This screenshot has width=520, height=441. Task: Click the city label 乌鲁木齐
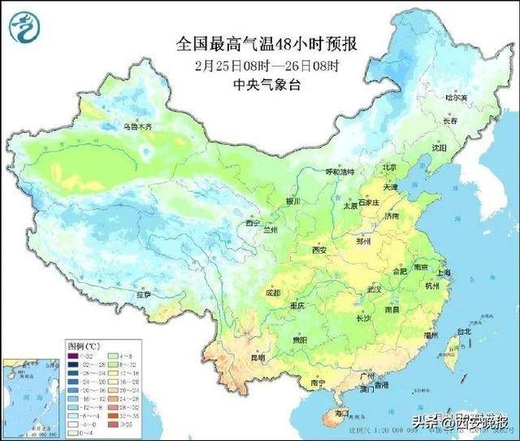point(137,127)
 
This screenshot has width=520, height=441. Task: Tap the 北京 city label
point(390,169)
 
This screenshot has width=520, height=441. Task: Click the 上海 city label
point(442,273)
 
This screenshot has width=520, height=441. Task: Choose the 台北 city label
point(464,332)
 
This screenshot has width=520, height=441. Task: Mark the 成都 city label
point(272,292)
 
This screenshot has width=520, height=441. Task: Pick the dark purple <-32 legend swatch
point(74,355)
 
